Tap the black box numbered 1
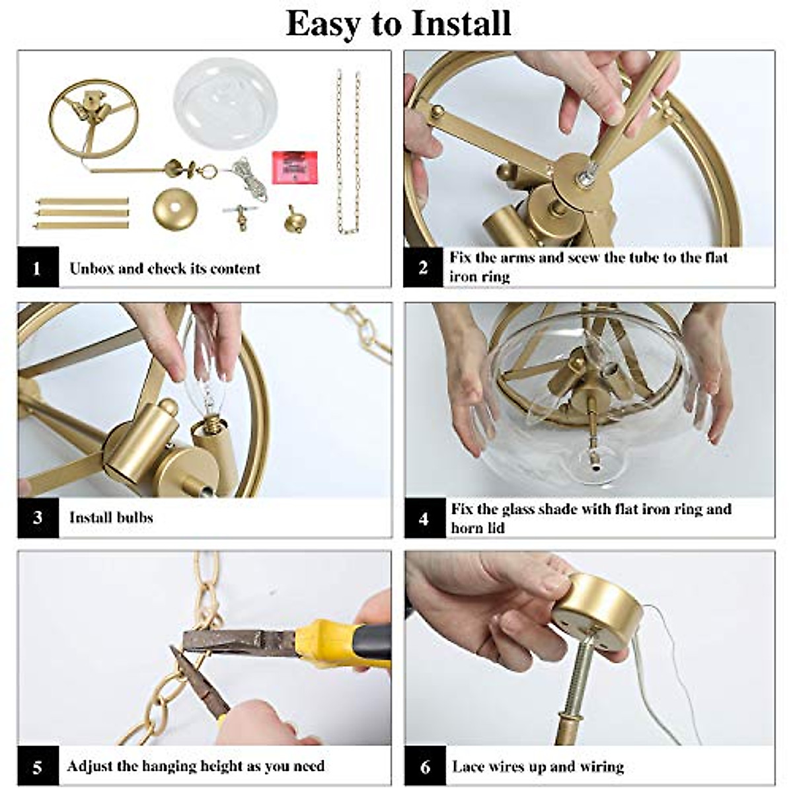coord(38,267)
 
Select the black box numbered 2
coord(423,267)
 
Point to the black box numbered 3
coord(38,517)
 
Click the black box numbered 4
coord(425,517)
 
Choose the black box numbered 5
coord(38,767)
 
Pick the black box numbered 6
coord(425,767)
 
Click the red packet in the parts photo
coord(294,168)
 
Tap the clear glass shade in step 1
coord(225,98)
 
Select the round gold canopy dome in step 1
coord(175,208)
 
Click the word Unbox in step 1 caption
coord(91,268)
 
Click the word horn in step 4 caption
coord(467,528)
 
